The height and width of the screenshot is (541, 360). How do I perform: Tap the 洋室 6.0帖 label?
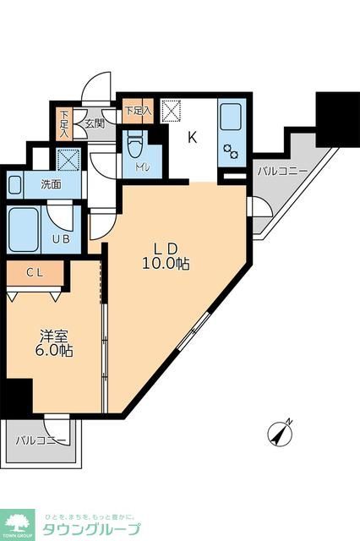54,342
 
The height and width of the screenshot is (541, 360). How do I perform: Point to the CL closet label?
35,272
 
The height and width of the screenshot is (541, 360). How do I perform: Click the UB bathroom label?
61,239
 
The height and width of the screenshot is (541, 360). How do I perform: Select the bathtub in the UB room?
24,227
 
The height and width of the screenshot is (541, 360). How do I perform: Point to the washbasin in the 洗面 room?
14,183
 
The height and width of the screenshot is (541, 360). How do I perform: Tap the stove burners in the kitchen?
230,153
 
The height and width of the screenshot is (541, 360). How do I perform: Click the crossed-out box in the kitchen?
172,111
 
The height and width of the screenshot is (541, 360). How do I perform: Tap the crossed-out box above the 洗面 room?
68,158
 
